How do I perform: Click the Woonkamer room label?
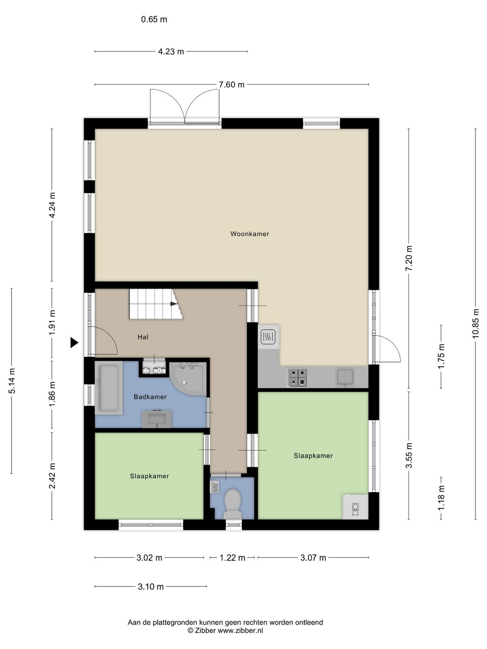[x=250, y=234]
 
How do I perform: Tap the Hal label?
[x=143, y=337]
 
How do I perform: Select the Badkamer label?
[x=150, y=397]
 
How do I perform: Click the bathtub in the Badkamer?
[x=108, y=388]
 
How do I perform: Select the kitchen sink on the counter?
[x=345, y=377]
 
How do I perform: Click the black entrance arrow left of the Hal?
[x=74, y=343]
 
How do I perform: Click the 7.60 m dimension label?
[x=231, y=85]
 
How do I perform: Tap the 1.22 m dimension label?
[x=233, y=558]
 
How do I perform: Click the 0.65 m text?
[x=154, y=19]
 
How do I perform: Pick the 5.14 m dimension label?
[x=12, y=380]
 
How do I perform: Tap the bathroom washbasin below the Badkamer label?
[x=157, y=419]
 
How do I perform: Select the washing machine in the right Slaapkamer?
[x=356, y=507]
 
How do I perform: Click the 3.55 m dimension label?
[x=409, y=456]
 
